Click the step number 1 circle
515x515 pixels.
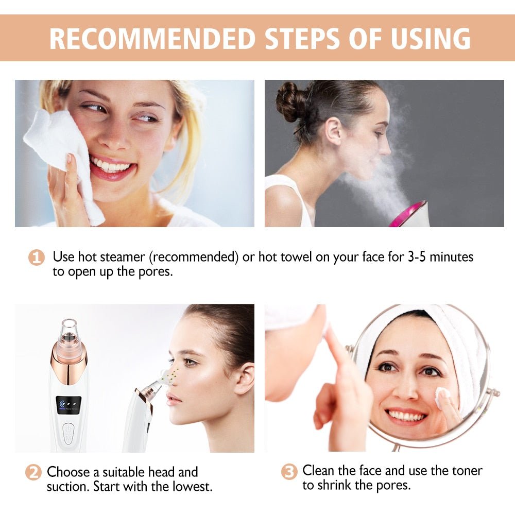pyautogui.click(x=36, y=257)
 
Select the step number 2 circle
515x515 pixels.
pyautogui.click(x=33, y=472)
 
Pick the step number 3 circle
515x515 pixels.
pyautogui.click(x=289, y=471)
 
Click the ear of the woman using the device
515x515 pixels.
pyautogui.click(x=243, y=379)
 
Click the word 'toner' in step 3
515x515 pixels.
pyautogui.click(x=463, y=470)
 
